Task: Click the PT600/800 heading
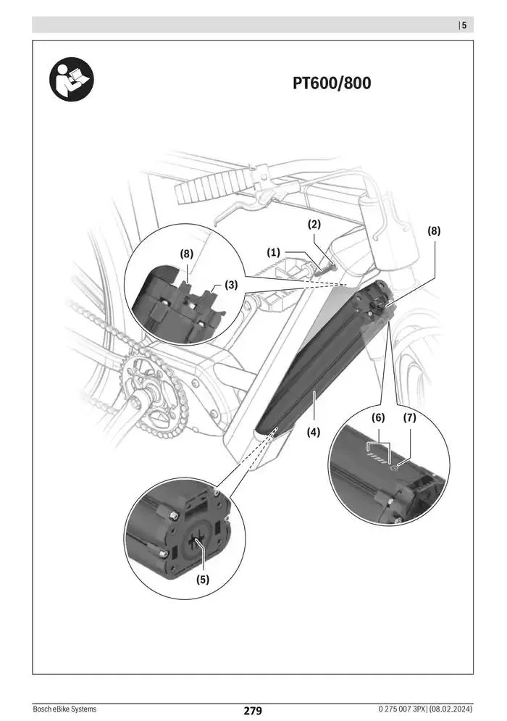tap(331, 84)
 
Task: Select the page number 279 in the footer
tap(252, 710)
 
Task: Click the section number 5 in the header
tap(464, 25)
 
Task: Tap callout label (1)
tap(273, 252)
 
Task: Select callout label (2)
tap(314, 224)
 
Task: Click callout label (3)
tap(230, 286)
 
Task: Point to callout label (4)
tap(313, 432)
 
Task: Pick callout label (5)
tap(204, 579)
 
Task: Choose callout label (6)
tap(378, 418)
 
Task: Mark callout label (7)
tap(410, 418)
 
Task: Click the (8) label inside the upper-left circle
tap(188, 254)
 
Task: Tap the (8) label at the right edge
tap(433, 231)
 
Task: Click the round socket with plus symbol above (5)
tap(196, 541)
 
